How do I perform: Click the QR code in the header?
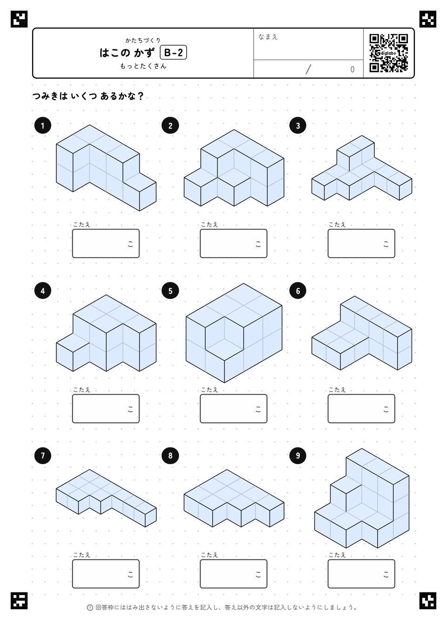[388, 53]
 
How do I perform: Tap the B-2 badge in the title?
[173, 53]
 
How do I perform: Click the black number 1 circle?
[42, 126]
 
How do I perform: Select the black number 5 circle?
[170, 291]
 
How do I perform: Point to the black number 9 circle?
[298, 456]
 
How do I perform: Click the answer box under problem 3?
[361, 243]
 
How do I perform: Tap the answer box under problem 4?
[106, 408]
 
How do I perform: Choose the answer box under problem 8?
[234, 574]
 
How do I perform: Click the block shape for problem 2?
[234, 168]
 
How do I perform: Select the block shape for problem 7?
[106, 498]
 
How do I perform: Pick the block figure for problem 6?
[361, 333]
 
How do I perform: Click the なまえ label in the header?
[268, 37]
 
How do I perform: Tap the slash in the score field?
[308, 69]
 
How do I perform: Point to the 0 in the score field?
[352, 70]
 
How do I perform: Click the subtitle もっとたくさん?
[143, 66]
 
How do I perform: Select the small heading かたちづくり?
[143, 40]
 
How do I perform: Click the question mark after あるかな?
[141, 96]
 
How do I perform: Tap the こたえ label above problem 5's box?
[209, 390]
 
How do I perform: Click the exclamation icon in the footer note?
[90, 608]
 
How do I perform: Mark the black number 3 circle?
[298, 126]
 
